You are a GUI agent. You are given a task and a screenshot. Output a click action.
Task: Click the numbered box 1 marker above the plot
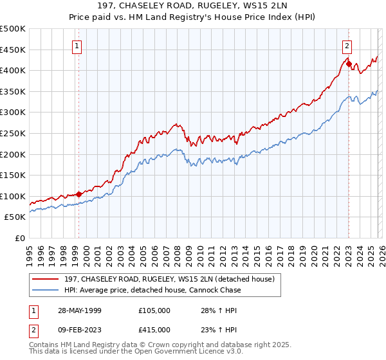pyautogui.click(x=77, y=46)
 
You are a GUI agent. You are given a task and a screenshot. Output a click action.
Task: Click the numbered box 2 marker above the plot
pyautogui.click(x=347, y=46)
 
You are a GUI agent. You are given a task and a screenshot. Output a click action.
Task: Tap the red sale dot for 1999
pyautogui.click(x=78, y=194)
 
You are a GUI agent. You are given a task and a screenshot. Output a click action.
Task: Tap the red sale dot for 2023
pyautogui.click(x=348, y=64)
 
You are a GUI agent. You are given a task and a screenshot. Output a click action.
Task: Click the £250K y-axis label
pyautogui.click(x=14, y=133)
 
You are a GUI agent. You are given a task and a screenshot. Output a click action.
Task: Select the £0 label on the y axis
pyautogui.click(x=19, y=238)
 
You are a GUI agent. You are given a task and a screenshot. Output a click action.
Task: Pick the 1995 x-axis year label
pyautogui.click(x=30, y=252)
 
